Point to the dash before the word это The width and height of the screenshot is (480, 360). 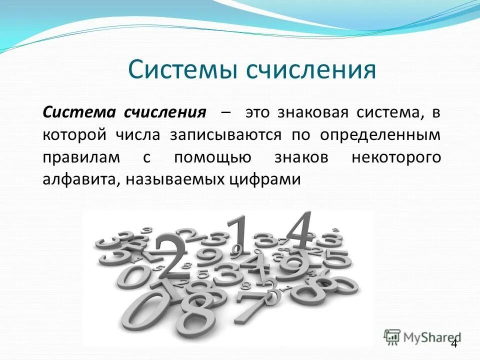pyautogui.click(x=225, y=111)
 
